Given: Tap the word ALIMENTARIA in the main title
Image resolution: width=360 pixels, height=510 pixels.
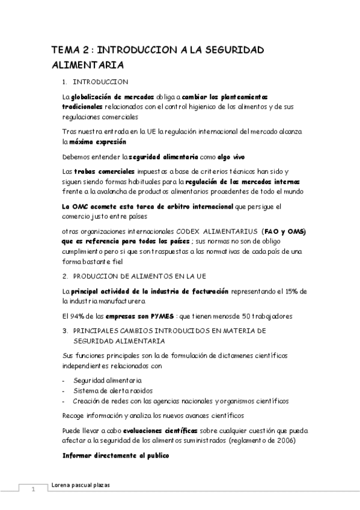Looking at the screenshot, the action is click(87, 65).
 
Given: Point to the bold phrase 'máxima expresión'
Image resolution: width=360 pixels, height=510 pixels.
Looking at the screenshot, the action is click(97, 142).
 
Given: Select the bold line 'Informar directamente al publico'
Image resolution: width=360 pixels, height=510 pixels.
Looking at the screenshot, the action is click(116, 456).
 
